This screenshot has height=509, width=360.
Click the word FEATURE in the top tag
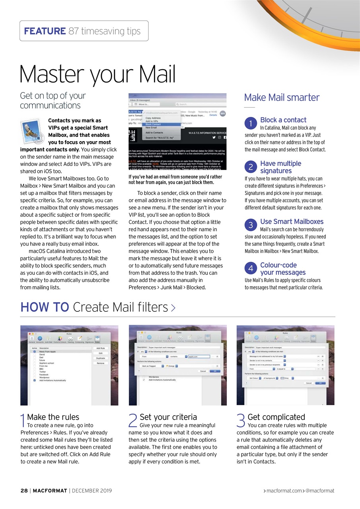pos(45,31)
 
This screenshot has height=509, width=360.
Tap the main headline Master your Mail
pos(97,74)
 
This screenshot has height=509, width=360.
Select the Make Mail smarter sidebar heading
pos(282,97)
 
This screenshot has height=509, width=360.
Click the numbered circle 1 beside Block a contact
pos(251,124)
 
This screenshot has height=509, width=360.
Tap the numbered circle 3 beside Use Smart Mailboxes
pos(251,225)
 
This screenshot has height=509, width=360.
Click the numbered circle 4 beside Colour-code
pos(251,269)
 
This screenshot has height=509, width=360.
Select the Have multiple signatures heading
pos(280,167)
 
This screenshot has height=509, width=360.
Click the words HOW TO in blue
pos(45,307)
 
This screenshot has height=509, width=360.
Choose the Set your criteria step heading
pos(168,417)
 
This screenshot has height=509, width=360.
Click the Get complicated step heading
pos(276,417)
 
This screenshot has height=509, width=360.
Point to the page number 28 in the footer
pos(24,491)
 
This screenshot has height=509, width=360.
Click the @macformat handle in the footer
pos(320,491)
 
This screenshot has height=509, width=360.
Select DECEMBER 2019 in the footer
pos(92,491)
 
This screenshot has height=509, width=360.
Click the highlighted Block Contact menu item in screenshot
pos(154,124)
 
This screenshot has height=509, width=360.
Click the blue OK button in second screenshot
pos(214,371)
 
